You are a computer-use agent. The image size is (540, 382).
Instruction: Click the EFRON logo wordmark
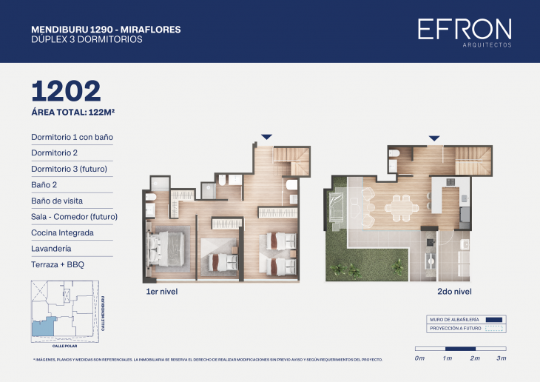464,29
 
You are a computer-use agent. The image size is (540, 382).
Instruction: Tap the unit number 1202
66,91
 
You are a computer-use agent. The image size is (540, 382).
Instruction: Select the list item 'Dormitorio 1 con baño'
72,137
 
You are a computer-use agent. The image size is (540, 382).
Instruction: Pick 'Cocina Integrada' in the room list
62,232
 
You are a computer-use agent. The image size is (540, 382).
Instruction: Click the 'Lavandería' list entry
52,248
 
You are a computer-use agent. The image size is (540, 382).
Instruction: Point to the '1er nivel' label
161,292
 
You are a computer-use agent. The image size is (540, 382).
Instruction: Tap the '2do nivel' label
454,292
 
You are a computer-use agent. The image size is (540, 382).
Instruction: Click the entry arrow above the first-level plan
266,137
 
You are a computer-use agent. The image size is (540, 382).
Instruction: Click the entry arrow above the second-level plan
435,138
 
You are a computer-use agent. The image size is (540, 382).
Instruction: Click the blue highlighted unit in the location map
43,326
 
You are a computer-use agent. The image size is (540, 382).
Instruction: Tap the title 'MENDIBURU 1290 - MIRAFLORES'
106,30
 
